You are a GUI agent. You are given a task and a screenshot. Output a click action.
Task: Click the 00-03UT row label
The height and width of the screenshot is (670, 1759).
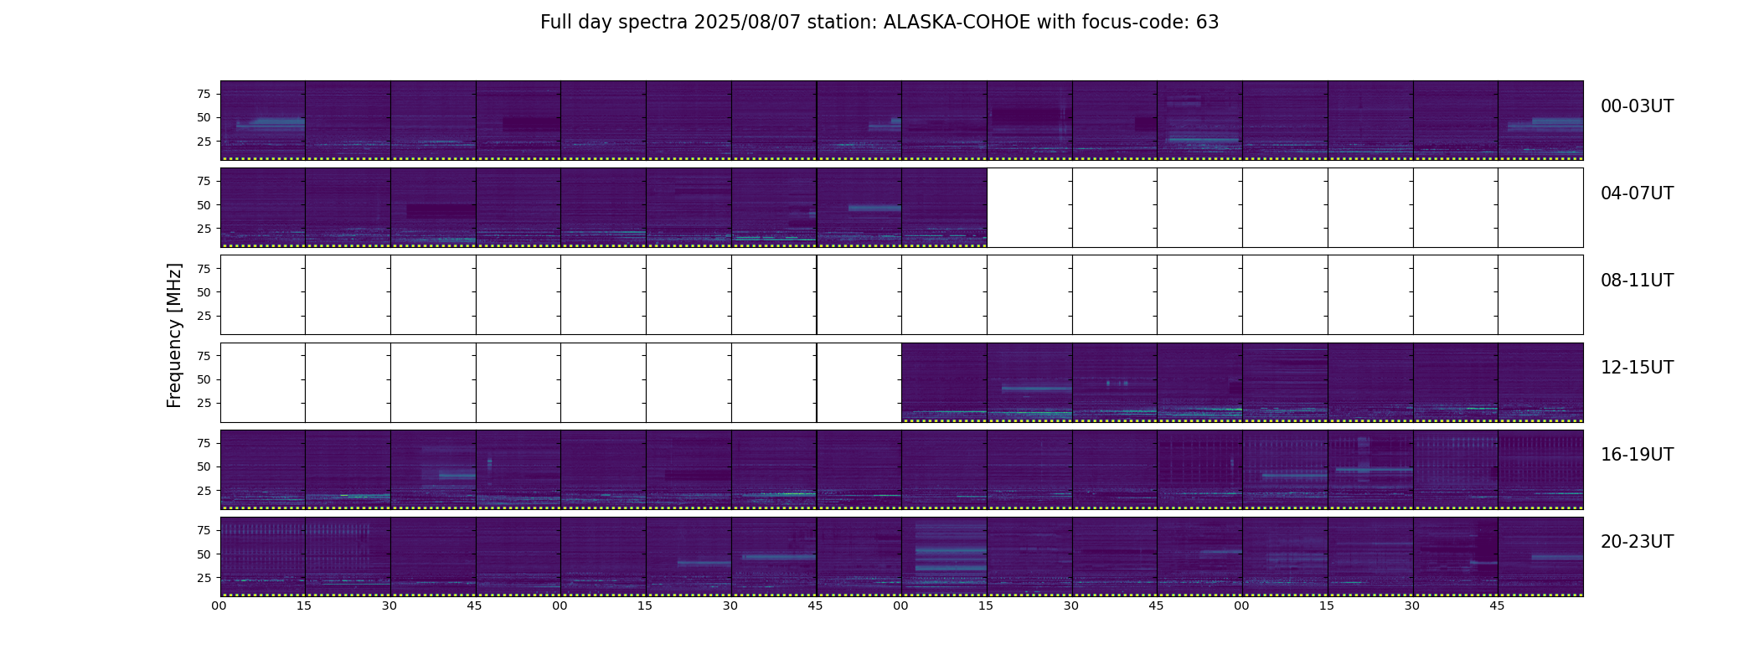click(x=1637, y=106)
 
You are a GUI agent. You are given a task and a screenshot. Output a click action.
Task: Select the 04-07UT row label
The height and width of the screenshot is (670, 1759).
click(x=1637, y=193)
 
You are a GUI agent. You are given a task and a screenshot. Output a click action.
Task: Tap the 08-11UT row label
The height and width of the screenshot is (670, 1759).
click(x=1637, y=281)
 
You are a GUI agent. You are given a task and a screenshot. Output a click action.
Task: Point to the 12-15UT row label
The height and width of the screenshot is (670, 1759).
click(x=1637, y=368)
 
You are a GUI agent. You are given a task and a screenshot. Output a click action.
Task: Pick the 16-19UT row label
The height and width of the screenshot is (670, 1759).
click(x=1637, y=455)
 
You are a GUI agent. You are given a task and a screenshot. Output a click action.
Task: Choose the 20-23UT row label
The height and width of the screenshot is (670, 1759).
click(x=1637, y=542)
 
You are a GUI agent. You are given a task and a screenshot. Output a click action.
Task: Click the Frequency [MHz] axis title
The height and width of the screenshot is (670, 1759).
click(x=174, y=335)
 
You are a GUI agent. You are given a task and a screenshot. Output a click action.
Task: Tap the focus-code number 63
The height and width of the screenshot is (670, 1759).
click(x=1207, y=23)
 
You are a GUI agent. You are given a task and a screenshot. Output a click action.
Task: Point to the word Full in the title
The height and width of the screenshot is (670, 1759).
click(x=555, y=23)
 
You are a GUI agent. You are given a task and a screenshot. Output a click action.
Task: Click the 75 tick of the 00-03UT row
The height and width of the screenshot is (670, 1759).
click(x=204, y=94)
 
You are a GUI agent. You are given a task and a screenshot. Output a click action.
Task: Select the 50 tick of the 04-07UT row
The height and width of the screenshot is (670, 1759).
click(x=204, y=205)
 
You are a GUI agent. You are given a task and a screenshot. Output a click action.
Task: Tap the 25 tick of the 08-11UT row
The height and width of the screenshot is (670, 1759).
click(x=204, y=316)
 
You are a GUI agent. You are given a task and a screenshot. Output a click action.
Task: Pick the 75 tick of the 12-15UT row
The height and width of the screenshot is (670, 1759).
click(x=204, y=356)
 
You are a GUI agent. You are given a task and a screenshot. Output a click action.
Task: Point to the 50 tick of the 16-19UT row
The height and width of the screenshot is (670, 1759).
click(x=204, y=466)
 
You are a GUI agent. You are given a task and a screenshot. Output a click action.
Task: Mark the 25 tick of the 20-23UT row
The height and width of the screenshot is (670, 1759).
click(x=204, y=578)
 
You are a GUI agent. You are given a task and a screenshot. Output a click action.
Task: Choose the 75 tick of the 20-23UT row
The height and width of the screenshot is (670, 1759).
click(x=204, y=530)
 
